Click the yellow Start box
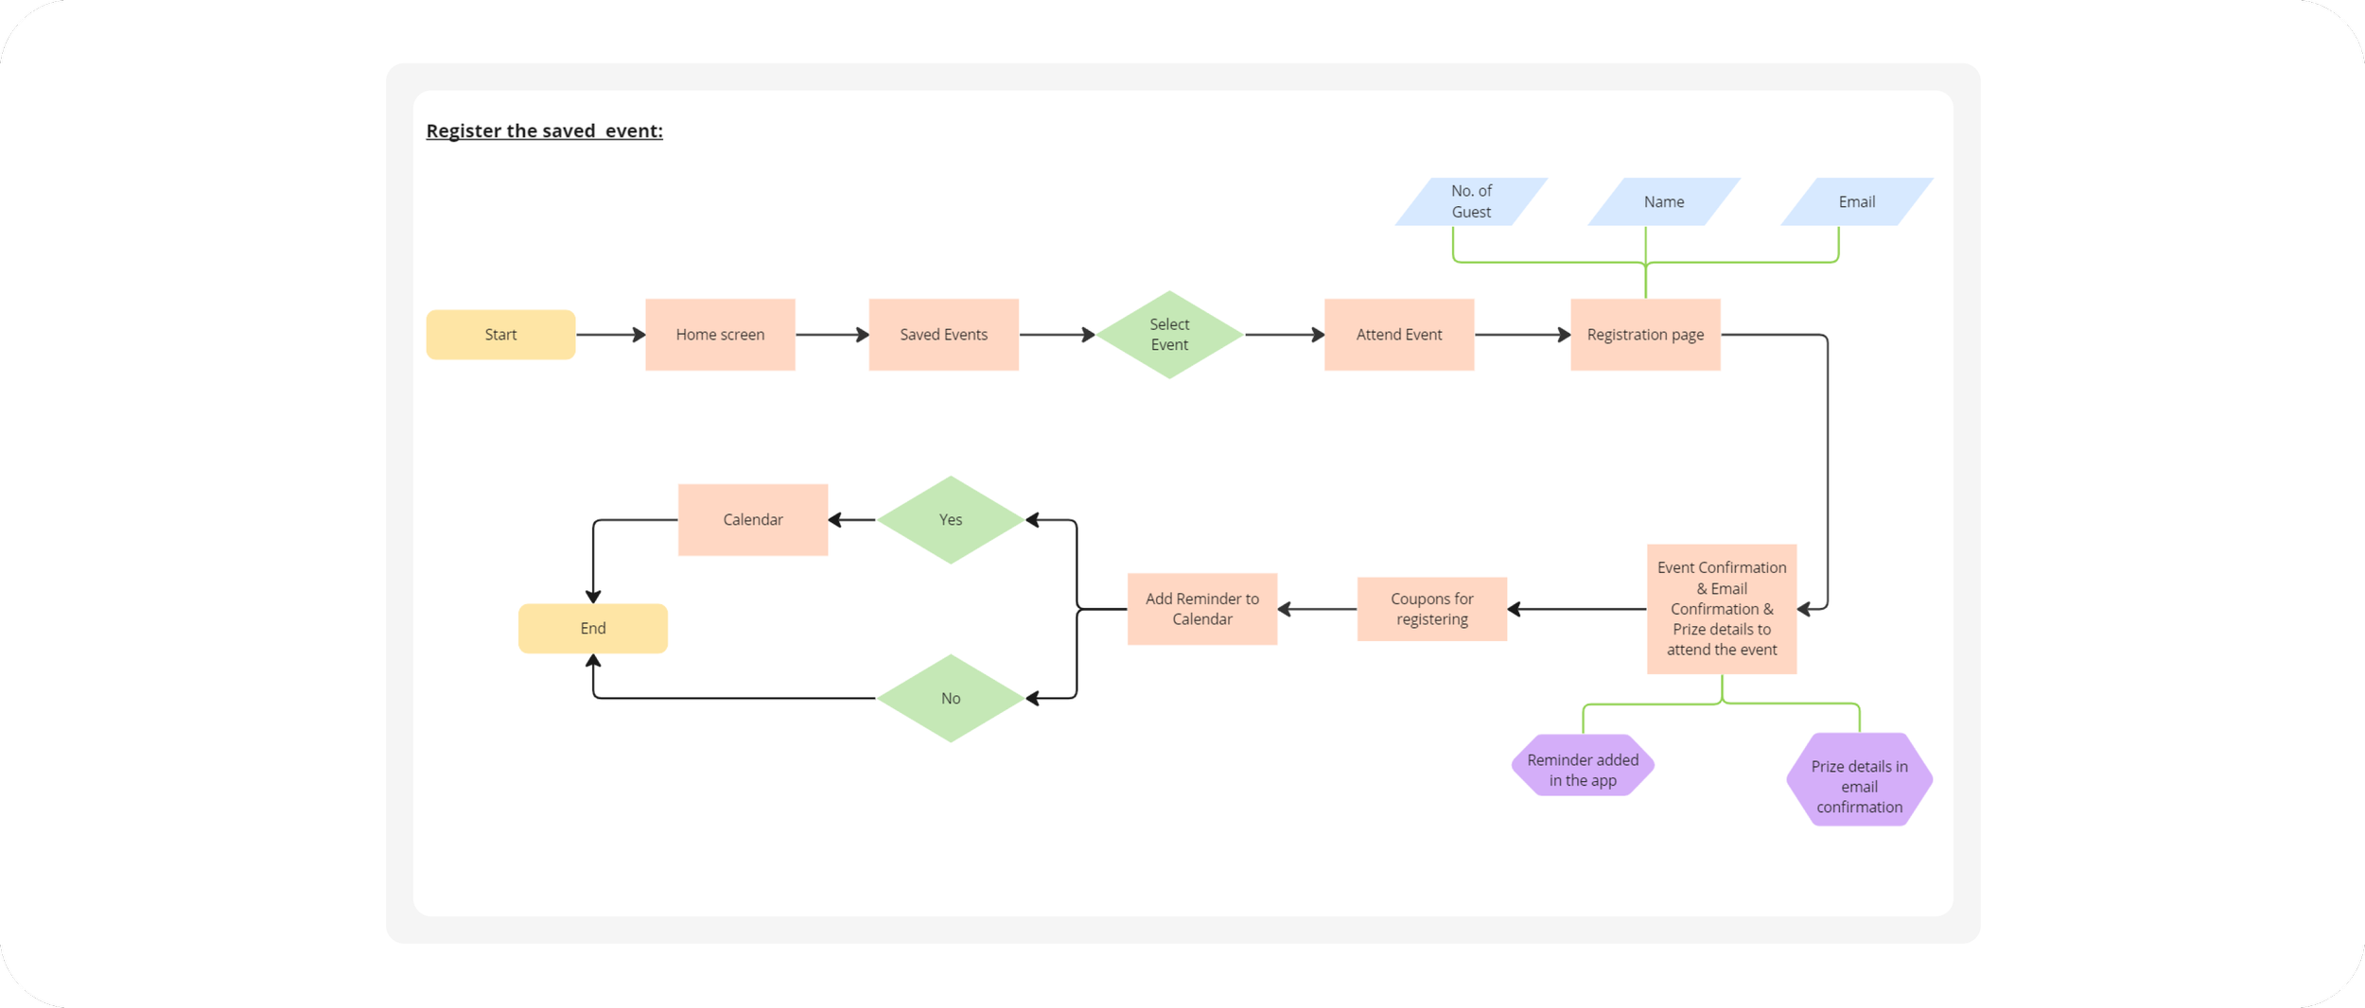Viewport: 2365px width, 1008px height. point(500,335)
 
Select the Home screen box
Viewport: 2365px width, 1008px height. point(720,335)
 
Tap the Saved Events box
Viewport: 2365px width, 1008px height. point(943,335)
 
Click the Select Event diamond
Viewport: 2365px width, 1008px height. point(1169,335)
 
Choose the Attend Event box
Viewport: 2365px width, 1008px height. point(1398,335)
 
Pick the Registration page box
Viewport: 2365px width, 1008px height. point(1645,335)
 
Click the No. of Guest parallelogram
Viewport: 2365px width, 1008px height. point(1471,201)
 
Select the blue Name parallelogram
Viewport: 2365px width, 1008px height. point(1663,201)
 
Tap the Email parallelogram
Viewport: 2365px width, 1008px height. point(1856,201)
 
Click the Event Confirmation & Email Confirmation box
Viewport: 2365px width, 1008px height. point(1721,609)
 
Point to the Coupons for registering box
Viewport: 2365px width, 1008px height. point(1431,609)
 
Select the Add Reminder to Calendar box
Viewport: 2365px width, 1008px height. point(1201,609)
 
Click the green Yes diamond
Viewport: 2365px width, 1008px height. point(951,520)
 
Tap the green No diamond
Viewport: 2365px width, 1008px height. point(951,699)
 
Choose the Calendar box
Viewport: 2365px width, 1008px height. point(752,520)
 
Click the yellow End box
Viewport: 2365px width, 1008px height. point(592,629)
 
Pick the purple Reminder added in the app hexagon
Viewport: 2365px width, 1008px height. point(1583,766)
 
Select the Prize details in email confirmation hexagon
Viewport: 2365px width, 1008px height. point(1859,781)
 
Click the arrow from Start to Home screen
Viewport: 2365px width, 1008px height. point(610,335)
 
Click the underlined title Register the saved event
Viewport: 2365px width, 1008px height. point(544,131)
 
